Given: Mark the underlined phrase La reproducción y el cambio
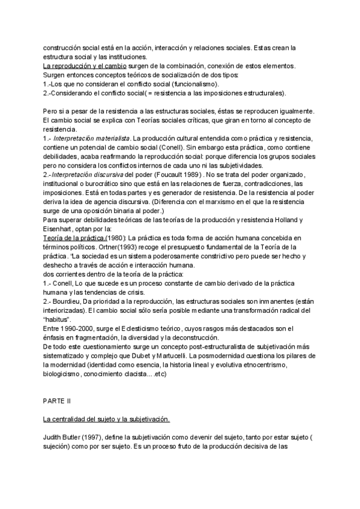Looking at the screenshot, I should pyautogui.click(x=84, y=65).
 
